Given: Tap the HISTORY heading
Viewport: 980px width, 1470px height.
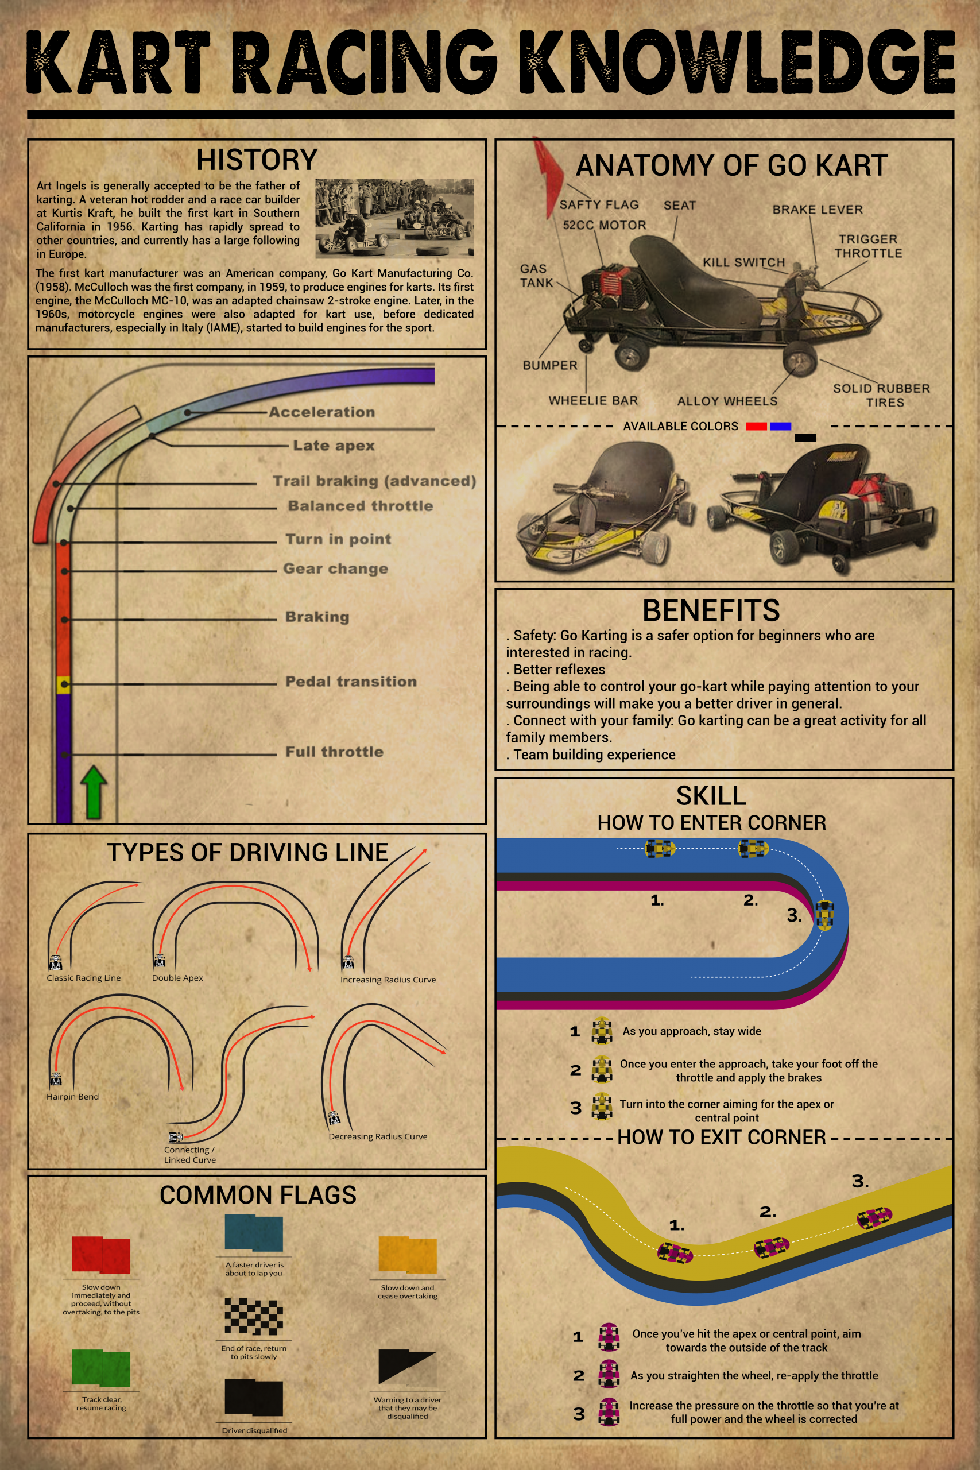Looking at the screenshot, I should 257,160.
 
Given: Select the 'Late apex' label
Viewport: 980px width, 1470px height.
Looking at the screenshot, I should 334,446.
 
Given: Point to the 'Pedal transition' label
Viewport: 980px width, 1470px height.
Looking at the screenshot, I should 351,681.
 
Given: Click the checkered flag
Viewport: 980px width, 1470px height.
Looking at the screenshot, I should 254,1316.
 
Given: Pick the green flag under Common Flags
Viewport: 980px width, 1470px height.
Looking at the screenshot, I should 101,1368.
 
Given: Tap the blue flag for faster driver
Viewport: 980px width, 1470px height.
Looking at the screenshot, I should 254,1233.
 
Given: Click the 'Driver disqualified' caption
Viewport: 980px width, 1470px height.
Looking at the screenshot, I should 254,1430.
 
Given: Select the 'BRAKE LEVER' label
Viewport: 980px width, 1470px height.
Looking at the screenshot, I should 817,210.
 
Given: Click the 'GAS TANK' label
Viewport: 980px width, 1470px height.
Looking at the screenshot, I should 536,276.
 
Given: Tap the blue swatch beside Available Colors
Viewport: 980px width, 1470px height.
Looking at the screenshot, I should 781,426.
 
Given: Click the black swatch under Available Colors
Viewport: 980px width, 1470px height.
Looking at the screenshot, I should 805,438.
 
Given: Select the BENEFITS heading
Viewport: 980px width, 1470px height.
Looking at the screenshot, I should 711,610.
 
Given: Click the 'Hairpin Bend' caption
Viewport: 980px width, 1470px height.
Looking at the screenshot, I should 72,1096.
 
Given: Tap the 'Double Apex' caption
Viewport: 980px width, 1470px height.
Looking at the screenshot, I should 177,978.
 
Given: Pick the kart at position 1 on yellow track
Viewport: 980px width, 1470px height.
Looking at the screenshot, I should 675,1253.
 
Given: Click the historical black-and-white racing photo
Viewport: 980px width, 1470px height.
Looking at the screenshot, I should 394,218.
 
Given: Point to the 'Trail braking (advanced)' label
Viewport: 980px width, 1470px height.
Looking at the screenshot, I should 374,481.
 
